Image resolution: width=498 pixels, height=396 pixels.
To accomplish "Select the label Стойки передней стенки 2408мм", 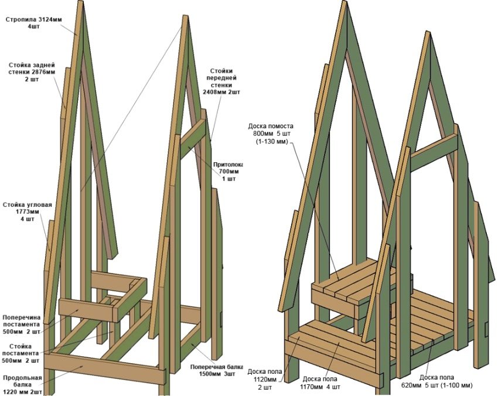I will pyautogui.click(x=221, y=81).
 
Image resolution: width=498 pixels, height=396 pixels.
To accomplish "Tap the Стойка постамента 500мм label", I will pyautogui.click(x=21, y=354).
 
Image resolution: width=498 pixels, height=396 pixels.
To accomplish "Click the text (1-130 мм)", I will pyautogui.click(x=271, y=142).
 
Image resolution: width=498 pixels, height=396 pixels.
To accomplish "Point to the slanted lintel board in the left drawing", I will pyautogui.click(x=192, y=138).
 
